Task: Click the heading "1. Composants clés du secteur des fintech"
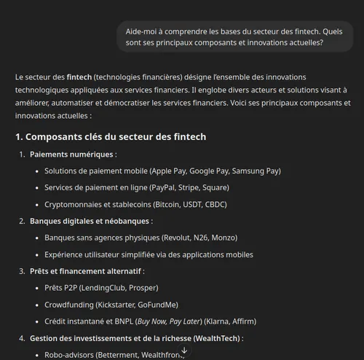coord(111,137)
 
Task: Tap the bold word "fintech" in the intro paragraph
coord(79,77)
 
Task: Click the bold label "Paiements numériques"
coord(71,154)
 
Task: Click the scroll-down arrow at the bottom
coord(184,351)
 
